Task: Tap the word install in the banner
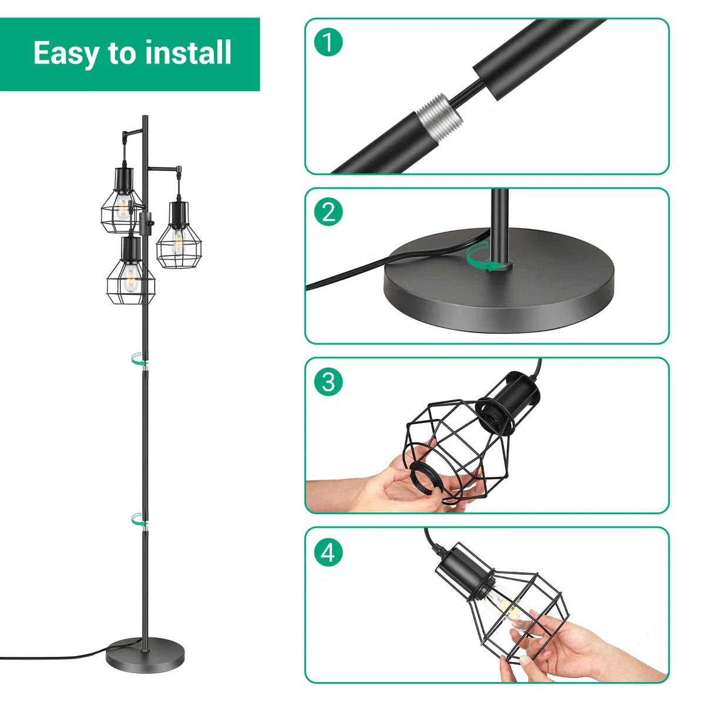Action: click(x=189, y=53)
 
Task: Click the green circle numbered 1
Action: click(x=328, y=42)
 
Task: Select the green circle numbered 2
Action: click(x=328, y=211)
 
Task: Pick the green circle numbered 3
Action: click(x=328, y=382)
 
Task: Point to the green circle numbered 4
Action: click(x=328, y=552)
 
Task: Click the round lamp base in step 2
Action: click(x=499, y=282)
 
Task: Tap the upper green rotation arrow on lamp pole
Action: click(x=139, y=359)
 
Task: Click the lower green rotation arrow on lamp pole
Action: click(x=139, y=519)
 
